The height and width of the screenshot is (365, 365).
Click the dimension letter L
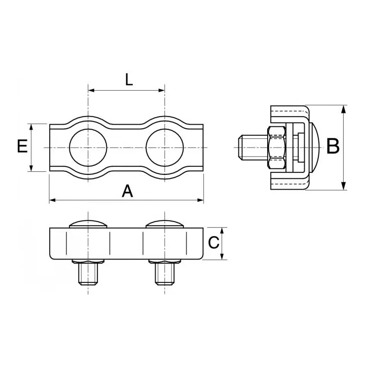(x=129, y=80)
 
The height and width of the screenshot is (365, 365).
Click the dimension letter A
(x=128, y=191)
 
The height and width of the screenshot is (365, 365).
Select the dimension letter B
(x=333, y=147)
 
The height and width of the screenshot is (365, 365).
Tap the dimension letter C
(x=214, y=243)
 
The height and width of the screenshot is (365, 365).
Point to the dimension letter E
(x=22, y=147)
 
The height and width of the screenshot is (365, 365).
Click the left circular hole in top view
(x=88, y=147)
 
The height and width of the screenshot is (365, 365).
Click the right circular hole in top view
(x=164, y=147)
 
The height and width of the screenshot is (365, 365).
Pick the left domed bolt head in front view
(x=89, y=225)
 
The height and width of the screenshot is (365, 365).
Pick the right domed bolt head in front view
(x=165, y=225)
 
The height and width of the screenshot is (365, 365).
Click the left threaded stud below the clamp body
(x=89, y=274)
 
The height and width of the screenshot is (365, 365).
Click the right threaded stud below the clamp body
(x=165, y=274)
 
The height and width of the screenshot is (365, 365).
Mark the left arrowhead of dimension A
(x=52, y=201)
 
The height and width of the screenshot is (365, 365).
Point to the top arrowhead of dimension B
(x=345, y=108)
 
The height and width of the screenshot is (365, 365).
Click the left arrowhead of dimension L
(x=91, y=91)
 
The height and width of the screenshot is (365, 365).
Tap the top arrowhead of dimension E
(x=31, y=126)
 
